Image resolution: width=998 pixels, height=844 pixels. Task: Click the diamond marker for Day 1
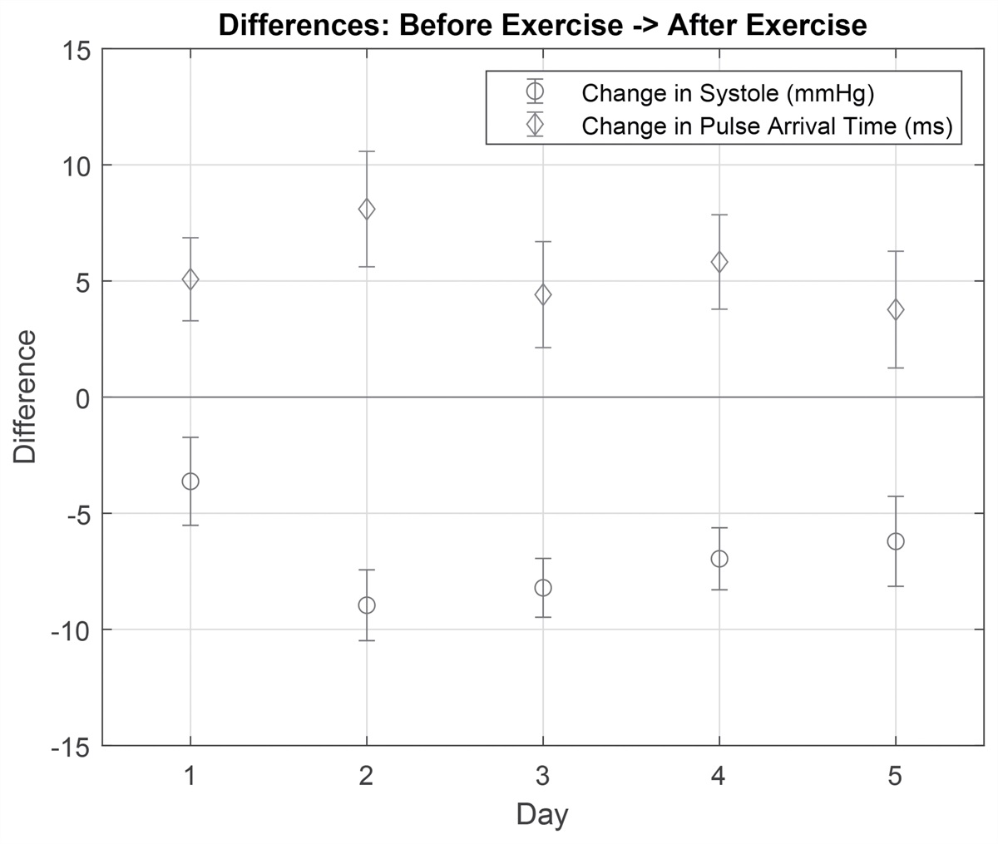190,279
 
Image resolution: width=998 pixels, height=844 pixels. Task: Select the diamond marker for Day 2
367,210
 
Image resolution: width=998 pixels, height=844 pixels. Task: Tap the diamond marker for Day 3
543,294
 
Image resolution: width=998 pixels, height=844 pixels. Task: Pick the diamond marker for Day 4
719,262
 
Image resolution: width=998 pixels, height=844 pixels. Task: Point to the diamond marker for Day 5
896,309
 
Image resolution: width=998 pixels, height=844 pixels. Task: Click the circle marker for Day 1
190,481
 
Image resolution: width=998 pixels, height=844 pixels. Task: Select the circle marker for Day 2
367,605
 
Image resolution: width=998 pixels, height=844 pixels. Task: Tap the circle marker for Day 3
543,588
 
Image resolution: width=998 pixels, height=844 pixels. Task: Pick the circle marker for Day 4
719,559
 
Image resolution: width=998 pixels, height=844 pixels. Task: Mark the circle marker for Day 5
896,541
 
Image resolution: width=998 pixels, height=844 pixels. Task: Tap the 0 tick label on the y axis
82,397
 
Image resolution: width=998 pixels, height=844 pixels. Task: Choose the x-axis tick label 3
543,777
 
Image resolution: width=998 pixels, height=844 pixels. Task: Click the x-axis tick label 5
896,777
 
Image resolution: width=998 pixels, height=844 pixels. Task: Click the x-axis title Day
542,814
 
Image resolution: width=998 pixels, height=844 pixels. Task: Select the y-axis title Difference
25,397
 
